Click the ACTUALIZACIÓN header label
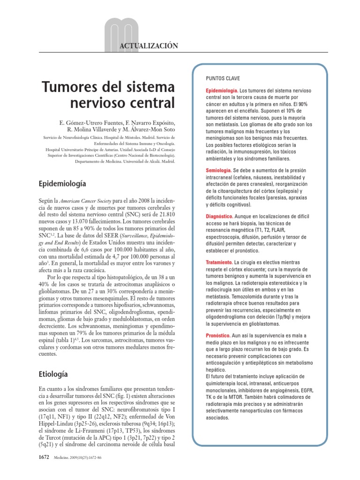150,45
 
